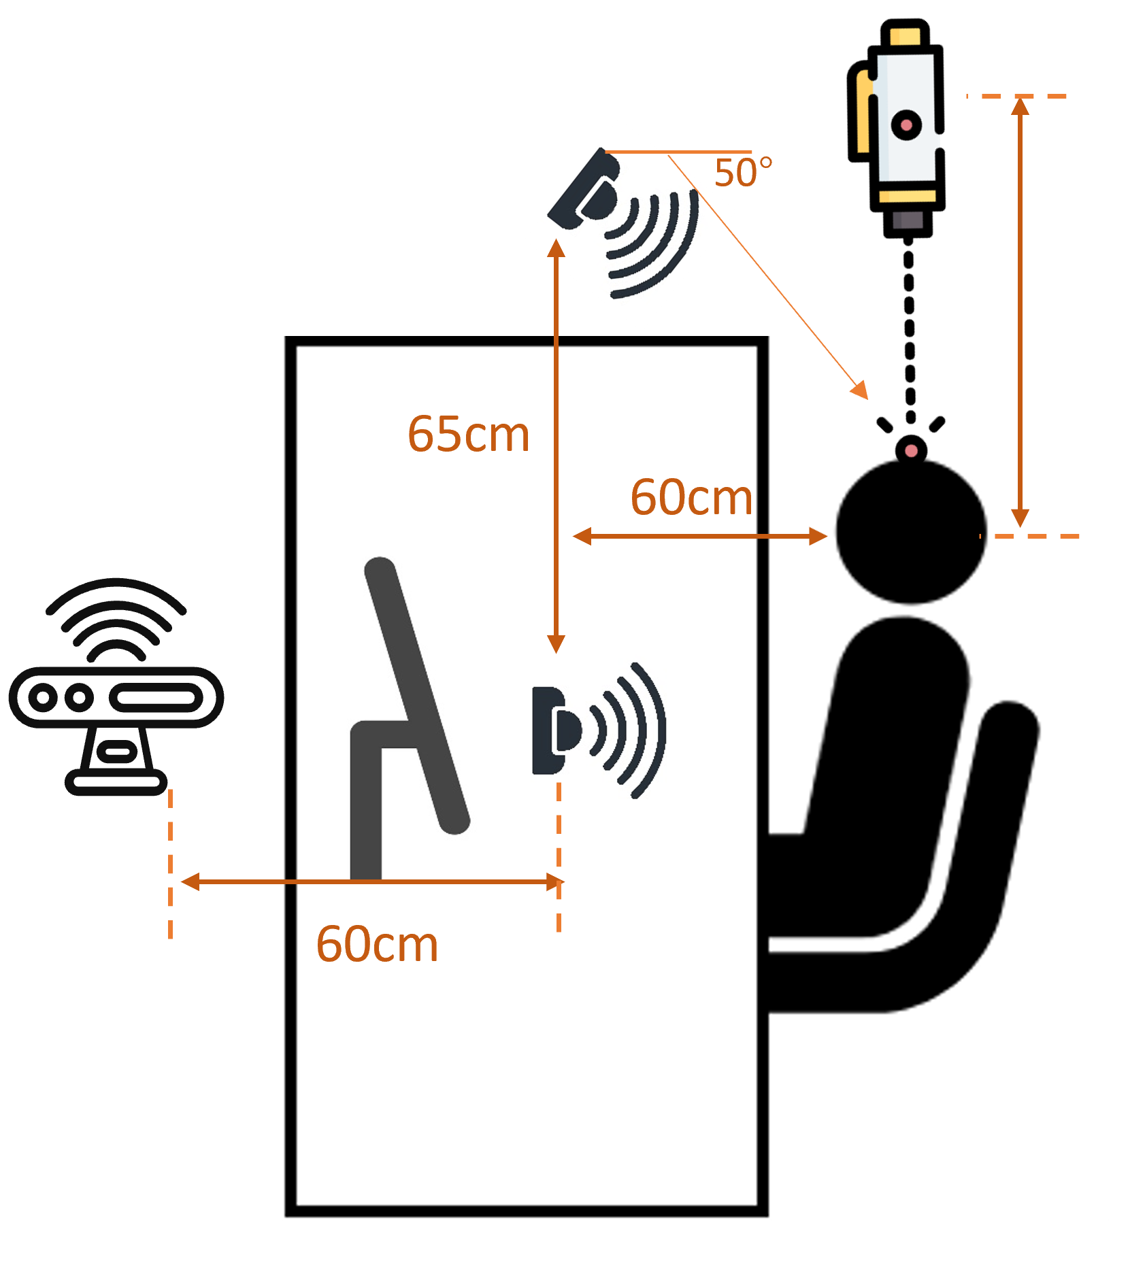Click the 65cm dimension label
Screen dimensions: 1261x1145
pos(468,434)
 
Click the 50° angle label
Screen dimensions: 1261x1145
pos(743,172)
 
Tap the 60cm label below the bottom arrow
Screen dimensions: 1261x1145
pos(377,944)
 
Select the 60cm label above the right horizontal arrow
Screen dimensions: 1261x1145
pos(691,497)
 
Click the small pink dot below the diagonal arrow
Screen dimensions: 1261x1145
pos(911,450)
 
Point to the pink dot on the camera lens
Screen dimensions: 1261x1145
pos(906,125)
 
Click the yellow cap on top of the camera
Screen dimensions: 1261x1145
pos(905,37)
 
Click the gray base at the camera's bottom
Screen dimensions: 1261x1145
pos(908,220)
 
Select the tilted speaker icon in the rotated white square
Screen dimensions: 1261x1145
pos(629,224)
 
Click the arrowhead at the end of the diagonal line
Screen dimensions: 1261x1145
pos(860,390)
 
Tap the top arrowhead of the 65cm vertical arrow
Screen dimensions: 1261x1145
pos(557,248)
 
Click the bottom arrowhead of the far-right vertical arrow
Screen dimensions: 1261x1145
pos(1019,518)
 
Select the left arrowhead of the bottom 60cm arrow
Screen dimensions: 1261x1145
pos(190,881)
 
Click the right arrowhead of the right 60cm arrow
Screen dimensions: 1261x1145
pos(818,536)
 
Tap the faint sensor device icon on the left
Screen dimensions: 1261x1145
pos(116,687)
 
